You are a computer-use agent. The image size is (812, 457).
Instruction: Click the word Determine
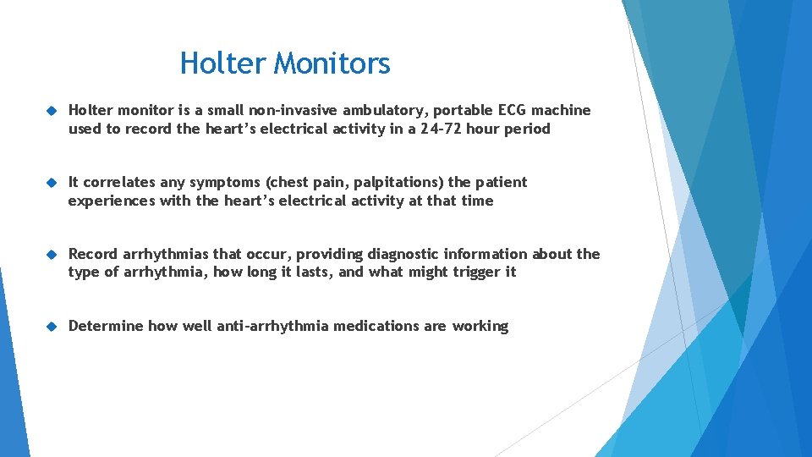click(x=106, y=326)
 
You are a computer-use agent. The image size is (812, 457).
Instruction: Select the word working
click(x=480, y=326)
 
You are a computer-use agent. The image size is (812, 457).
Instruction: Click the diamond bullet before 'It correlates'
click(x=51, y=183)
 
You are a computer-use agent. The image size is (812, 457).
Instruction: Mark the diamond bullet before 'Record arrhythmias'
click(x=51, y=255)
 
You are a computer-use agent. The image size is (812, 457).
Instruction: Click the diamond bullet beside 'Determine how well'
click(x=51, y=327)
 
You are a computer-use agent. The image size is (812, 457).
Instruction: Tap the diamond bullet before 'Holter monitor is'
click(x=51, y=111)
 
